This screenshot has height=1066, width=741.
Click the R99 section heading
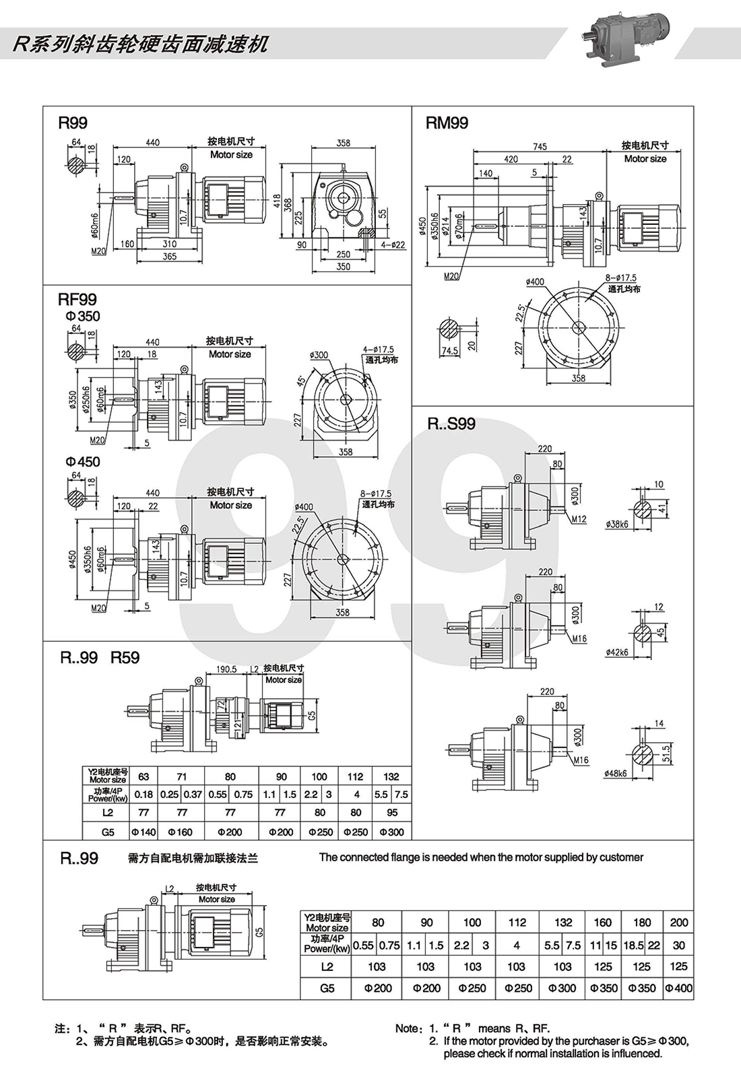coord(73,123)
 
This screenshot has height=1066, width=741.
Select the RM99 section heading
coord(447,123)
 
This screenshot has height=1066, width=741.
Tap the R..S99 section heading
coord(451,424)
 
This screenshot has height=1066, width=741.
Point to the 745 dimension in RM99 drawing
coord(540,146)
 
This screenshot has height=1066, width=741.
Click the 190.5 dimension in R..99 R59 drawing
coord(226,669)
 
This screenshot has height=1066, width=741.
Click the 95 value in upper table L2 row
coord(391,813)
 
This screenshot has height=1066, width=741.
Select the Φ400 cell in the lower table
coord(678,989)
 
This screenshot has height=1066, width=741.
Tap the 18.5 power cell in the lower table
coord(634,945)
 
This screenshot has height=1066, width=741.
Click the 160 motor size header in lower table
coord(603,922)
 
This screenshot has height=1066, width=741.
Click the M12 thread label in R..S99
coord(580,519)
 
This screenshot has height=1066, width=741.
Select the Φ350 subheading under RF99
coord(82,317)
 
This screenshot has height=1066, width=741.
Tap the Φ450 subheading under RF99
coord(82,462)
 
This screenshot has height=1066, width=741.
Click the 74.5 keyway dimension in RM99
coord(449,351)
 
